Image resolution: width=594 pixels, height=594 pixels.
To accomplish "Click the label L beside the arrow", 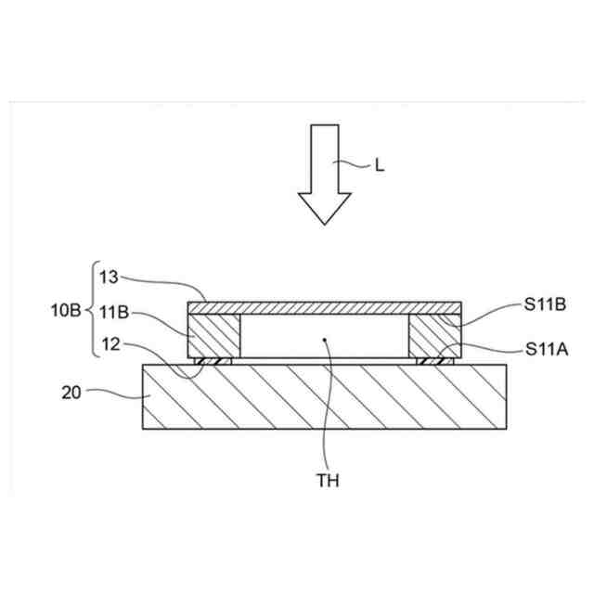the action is pyautogui.click(x=380, y=165).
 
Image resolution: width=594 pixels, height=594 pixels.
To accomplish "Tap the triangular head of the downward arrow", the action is pyautogui.click(x=325, y=208).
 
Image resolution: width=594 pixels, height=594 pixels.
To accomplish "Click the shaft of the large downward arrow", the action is pyautogui.click(x=325, y=159).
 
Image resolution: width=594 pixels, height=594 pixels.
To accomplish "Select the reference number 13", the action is pyautogui.click(x=109, y=277).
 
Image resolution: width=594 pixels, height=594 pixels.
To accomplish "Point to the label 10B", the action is pyautogui.click(x=66, y=311).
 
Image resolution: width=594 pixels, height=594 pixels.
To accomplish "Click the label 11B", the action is pyautogui.click(x=114, y=313).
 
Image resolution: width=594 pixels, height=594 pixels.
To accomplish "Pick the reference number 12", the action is pyautogui.click(x=111, y=344).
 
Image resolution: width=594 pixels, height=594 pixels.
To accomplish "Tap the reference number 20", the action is pyautogui.click(x=71, y=393).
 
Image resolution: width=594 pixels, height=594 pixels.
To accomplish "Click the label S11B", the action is pyautogui.click(x=545, y=304).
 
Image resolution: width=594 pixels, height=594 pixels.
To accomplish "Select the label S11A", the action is pyautogui.click(x=547, y=349).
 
